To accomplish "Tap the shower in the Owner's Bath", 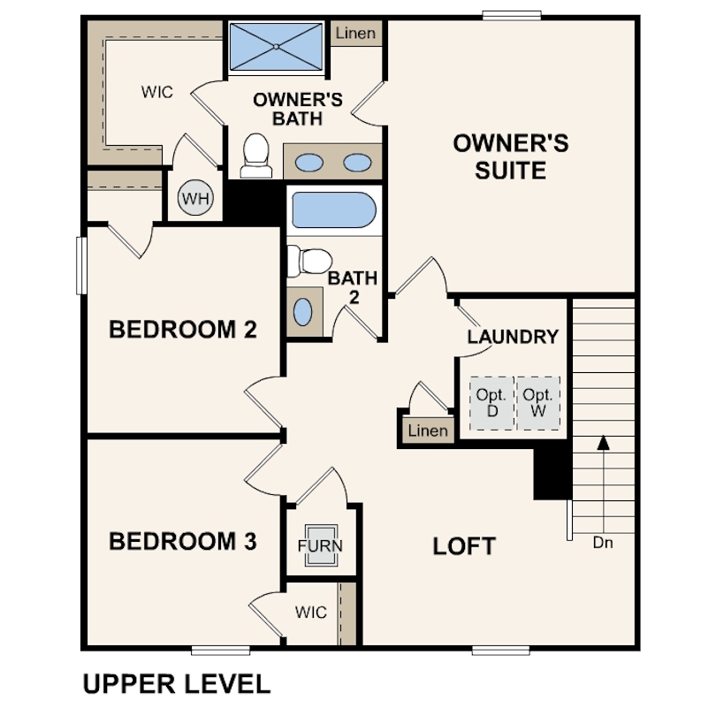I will (277, 46).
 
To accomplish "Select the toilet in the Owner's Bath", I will (255, 152).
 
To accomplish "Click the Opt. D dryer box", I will (490, 403).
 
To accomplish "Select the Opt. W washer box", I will (537, 403).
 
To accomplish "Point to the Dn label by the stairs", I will (604, 541).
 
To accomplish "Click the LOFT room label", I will (464, 546).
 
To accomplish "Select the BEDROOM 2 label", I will (183, 330).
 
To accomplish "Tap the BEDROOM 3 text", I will (183, 541).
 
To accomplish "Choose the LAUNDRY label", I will (513, 337).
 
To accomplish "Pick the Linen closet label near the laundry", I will (428, 431).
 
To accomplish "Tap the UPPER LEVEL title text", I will (176, 683).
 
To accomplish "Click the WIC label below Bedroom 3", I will (310, 613).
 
